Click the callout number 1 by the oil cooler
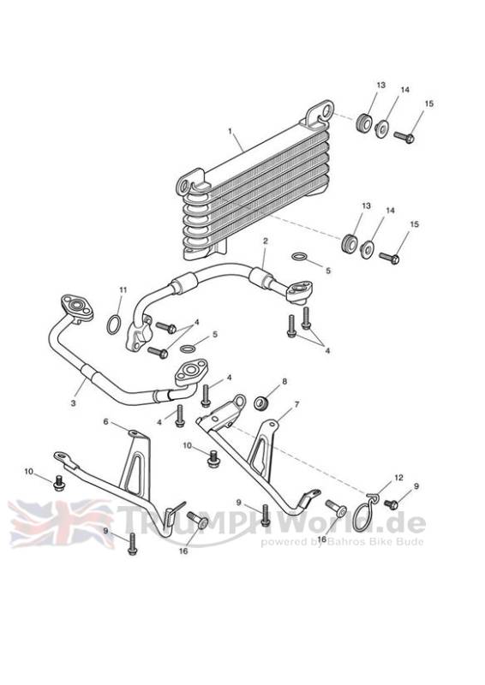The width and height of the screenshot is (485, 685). tap(230, 131)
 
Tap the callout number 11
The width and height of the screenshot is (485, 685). tap(123, 289)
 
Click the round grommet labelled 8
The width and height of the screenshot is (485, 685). tap(261, 402)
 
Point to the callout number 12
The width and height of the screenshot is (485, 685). tap(398, 478)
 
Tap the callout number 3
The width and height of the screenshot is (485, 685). tap(73, 402)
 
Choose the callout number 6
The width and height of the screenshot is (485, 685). tap(105, 421)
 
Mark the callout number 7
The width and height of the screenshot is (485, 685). tap(297, 405)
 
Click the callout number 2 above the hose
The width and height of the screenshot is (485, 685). tap(265, 241)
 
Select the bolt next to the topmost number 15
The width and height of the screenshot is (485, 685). tap(404, 137)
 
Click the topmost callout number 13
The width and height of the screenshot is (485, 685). tap(381, 85)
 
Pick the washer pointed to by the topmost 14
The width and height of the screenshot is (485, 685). tap(383, 129)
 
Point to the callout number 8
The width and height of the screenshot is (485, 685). tap(284, 381)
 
